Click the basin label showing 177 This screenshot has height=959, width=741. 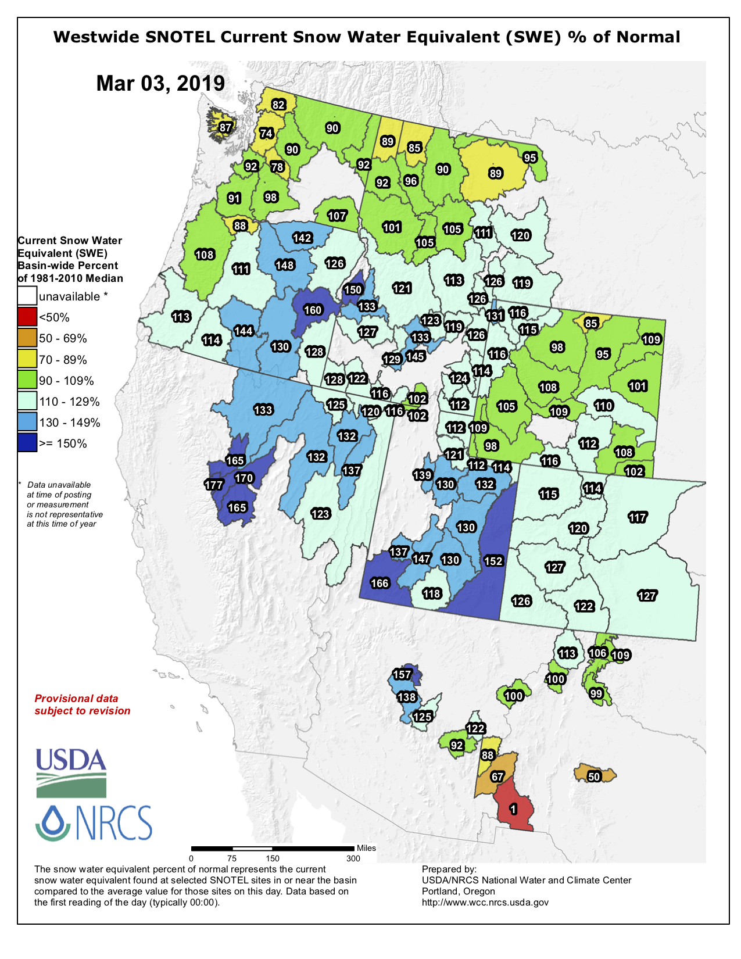tap(214, 485)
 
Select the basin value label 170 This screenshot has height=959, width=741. tap(244, 478)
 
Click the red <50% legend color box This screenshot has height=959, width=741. tap(27, 317)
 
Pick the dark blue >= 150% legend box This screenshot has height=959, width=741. tap(27, 443)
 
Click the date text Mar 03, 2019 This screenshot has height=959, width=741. tap(160, 83)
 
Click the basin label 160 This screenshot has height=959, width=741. tap(313, 310)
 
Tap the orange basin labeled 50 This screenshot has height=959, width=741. tap(594, 776)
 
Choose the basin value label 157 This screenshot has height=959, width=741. tap(402, 674)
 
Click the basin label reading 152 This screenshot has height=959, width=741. tap(493, 561)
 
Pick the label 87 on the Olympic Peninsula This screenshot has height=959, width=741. tap(225, 127)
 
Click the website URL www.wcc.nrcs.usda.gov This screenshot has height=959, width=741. tap(485, 902)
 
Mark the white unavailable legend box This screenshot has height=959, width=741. tap(27, 296)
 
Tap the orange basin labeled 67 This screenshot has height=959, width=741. tap(497, 777)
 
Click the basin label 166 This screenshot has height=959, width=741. tap(380, 583)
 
